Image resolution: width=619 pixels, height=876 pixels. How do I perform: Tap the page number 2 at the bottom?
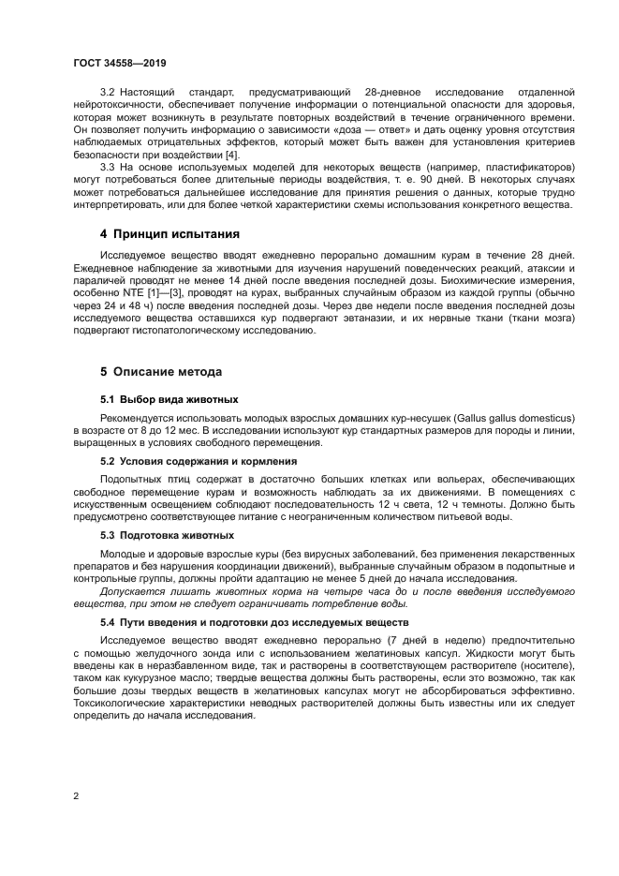click(76, 796)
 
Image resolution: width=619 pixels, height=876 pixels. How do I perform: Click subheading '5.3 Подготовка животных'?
click(167, 534)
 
